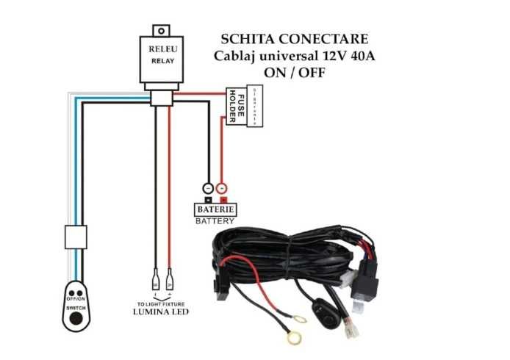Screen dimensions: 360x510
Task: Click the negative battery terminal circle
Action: [x=208, y=188]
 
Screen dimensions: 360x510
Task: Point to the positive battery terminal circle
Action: [x=222, y=188]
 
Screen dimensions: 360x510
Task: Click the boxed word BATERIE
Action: [x=215, y=209]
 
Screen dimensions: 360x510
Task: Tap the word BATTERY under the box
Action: [x=215, y=220]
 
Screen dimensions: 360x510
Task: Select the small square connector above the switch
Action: [x=76, y=237]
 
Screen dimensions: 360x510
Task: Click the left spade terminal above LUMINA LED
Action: [x=156, y=280]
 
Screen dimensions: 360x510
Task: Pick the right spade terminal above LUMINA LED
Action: [x=170, y=280]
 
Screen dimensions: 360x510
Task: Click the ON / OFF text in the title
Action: [x=294, y=73]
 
